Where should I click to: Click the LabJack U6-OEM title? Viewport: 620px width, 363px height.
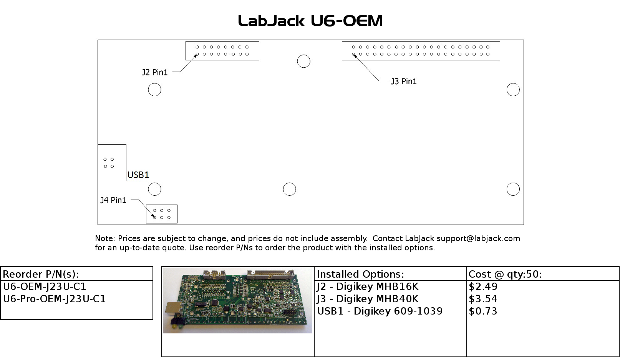(x=310, y=21)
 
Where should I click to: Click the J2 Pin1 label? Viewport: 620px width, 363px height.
(x=155, y=72)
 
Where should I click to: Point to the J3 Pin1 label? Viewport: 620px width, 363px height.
(x=403, y=82)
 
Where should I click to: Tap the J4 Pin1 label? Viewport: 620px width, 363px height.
(x=113, y=200)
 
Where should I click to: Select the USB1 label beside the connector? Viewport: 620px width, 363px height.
(x=138, y=175)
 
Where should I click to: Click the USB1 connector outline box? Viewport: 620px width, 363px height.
(x=112, y=163)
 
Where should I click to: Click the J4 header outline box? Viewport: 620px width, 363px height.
(x=162, y=214)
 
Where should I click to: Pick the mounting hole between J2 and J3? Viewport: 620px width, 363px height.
(x=303, y=61)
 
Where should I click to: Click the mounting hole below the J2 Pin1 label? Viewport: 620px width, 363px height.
(x=154, y=90)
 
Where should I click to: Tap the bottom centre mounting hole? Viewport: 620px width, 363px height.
(x=289, y=189)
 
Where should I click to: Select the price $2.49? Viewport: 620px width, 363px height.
(x=483, y=287)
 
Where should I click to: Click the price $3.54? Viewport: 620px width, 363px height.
(x=483, y=299)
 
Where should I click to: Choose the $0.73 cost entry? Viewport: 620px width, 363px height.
(x=483, y=311)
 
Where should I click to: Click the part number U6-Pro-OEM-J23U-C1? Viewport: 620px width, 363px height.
(x=54, y=299)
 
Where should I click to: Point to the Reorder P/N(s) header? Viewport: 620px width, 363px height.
(x=41, y=274)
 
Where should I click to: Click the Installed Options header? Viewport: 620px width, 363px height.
(x=360, y=274)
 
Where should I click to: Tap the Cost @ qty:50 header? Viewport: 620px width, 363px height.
(x=505, y=274)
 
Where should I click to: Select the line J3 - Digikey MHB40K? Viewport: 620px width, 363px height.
(x=368, y=299)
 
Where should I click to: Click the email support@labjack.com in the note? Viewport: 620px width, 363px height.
(x=478, y=238)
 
